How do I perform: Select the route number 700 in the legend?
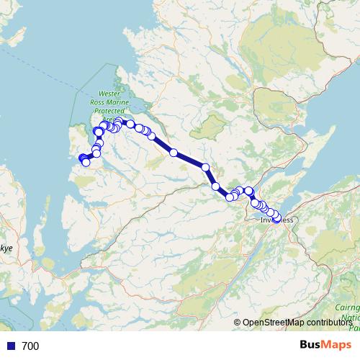point(30,346)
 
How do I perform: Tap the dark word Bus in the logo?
point(312,345)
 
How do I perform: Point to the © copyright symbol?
point(238,323)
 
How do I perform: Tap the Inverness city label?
point(277,220)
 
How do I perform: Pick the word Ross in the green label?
point(105,102)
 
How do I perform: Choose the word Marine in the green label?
point(125,102)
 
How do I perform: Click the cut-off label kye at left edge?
point(6,248)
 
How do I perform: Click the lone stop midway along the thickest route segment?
point(174,152)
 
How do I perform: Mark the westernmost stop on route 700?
point(81,159)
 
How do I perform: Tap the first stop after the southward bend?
point(215,186)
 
